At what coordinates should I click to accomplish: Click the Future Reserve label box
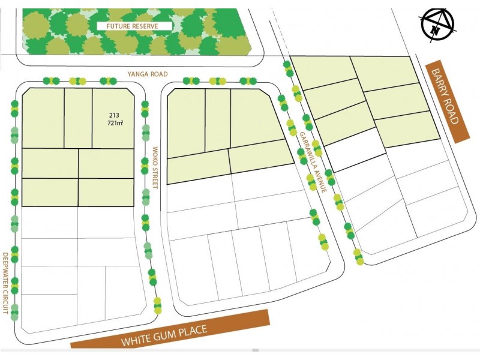point(134,26)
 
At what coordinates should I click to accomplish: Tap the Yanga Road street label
point(147,74)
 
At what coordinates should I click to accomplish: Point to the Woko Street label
point(154,167)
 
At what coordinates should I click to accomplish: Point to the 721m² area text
point(115,123)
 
